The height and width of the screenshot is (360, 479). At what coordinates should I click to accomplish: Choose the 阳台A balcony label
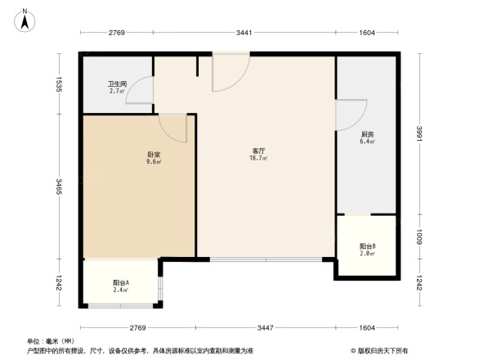120,283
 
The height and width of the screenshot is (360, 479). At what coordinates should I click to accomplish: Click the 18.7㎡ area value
258,160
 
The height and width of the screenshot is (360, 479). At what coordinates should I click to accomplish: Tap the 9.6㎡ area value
154,162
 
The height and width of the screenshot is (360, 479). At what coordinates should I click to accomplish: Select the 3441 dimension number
244,33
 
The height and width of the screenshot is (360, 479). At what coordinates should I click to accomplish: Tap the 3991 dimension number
419,134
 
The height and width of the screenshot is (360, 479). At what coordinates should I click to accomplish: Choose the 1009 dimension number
419,237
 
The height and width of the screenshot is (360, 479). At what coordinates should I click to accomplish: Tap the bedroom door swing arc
173,127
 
